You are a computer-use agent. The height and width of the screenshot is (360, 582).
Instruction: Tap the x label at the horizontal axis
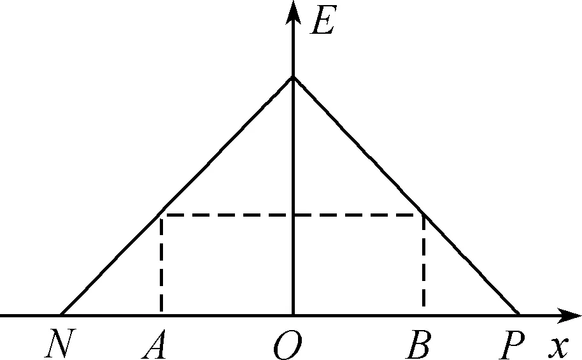click(558, 346)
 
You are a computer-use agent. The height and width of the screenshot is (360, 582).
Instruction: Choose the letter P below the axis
click(512, 346)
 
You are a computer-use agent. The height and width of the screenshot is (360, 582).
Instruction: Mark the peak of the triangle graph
click(293, 77)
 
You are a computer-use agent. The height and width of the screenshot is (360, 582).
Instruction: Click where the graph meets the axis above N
click(61, 315)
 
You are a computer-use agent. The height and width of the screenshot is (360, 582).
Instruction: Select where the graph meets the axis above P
click(520, 315)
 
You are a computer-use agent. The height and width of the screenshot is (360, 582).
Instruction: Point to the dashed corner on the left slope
click(162, 215)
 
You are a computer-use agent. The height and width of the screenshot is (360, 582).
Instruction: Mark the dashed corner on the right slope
click(423, 215)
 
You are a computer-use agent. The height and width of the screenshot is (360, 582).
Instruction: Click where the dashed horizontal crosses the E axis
click(293, 215)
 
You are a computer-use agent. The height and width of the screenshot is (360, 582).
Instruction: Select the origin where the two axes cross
click(293, 315)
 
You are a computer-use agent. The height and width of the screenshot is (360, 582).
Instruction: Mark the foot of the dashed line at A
click(162, 315)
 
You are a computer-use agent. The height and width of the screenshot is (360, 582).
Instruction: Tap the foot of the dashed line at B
click(423, 315)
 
